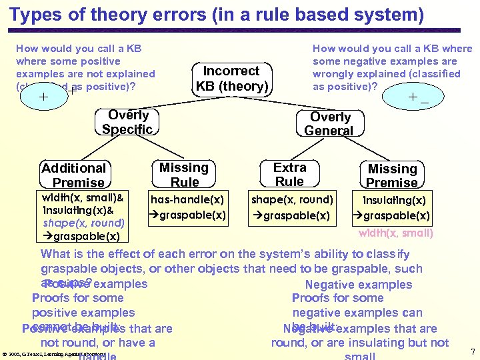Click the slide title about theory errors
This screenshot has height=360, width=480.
217,14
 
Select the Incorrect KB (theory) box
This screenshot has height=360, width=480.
231,79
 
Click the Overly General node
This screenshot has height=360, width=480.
329,123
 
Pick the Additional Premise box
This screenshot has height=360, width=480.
74,175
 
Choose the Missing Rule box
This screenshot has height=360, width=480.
184,175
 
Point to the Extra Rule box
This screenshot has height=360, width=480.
290,175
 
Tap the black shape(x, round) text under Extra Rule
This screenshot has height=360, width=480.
291,199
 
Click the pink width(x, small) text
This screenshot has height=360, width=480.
395,233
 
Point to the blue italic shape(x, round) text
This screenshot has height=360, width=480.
83,223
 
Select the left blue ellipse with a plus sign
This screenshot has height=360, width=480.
45,97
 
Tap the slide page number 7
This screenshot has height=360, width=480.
472,351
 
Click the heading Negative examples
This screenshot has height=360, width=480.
359,285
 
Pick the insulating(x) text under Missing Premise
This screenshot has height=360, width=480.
394,200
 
